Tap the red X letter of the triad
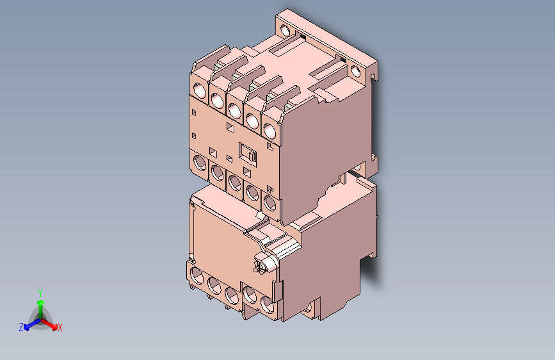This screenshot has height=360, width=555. click(60, 328)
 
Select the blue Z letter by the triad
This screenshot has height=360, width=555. click(21, 327)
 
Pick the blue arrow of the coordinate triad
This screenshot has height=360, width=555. click(29, 323)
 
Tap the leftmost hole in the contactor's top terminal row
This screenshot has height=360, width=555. click(199, 90)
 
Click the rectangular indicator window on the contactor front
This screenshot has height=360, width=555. click(248, 154)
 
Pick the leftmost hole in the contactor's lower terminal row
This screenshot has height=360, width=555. click(199, 161)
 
